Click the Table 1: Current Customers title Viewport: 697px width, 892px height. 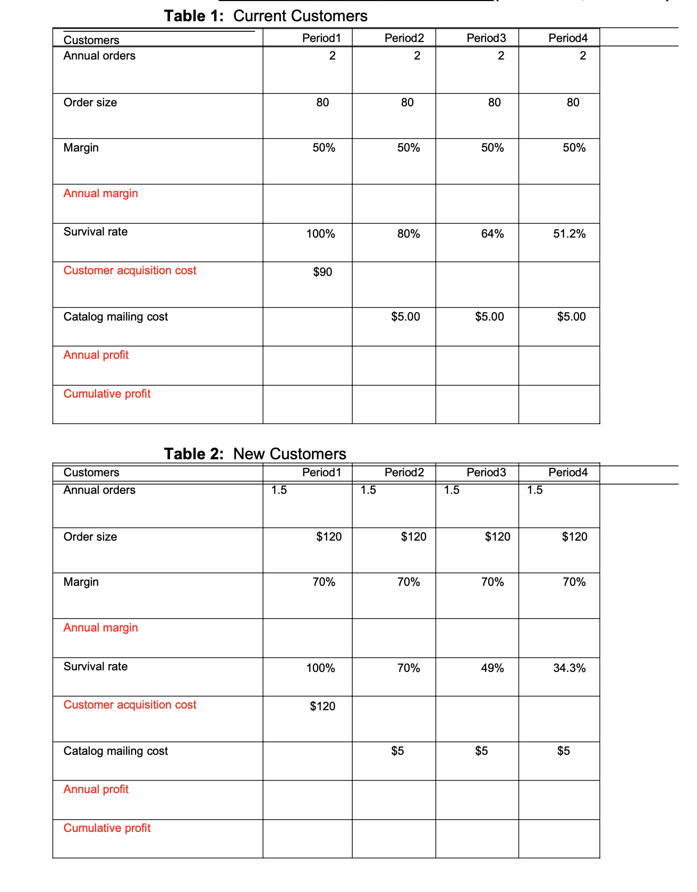266,16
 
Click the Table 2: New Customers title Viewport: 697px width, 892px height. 255,454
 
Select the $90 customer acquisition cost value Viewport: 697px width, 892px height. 322,272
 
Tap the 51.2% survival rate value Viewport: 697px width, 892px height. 569,234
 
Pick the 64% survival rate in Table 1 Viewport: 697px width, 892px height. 492,234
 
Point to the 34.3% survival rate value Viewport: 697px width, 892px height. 569,668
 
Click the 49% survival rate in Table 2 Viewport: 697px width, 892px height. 492,668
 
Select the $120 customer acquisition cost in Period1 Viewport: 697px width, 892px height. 322,706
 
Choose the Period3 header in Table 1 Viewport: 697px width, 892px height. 486,38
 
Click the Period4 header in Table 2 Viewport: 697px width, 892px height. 568,473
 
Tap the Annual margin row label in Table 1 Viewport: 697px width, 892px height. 101,193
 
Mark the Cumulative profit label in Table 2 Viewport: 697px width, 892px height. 107,828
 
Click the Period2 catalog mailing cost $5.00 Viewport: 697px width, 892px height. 405,317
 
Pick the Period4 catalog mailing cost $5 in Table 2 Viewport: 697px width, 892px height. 564,751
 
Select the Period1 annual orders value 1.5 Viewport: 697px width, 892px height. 279,490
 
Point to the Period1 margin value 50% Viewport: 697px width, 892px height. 324,148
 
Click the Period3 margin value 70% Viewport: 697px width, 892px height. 492,582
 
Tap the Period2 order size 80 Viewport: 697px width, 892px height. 407,103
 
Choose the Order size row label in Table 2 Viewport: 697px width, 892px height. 90,537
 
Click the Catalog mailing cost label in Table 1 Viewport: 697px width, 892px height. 116,317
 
